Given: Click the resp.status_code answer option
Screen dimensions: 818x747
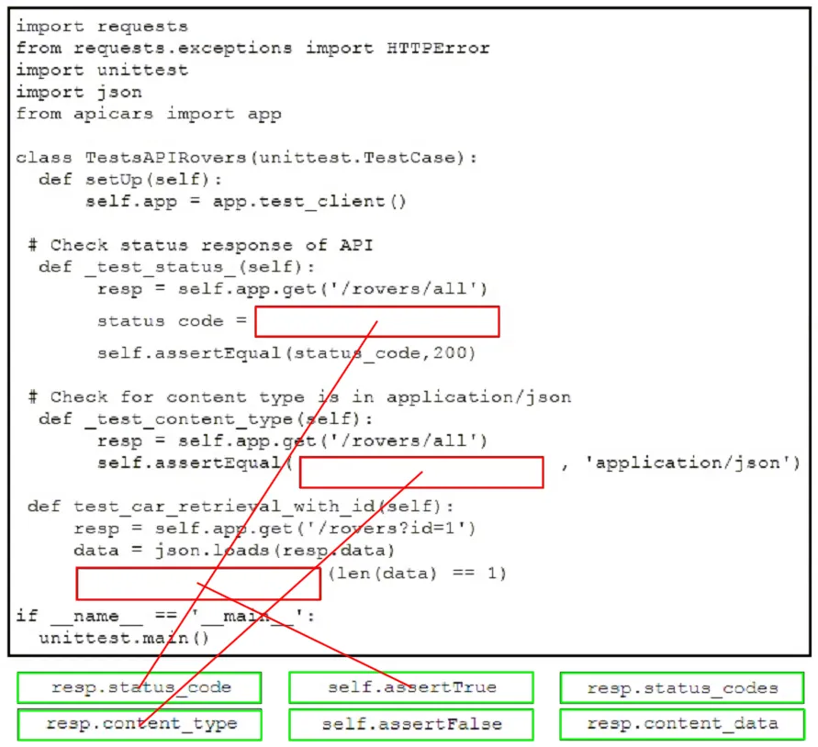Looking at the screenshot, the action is coord(140,687).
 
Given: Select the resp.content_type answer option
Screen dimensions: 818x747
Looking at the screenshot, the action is coord(140,724).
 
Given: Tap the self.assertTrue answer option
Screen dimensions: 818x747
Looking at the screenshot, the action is coord(411,687).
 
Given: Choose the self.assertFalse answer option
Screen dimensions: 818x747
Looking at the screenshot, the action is coord(411,724).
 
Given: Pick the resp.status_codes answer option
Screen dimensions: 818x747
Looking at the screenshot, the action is coord(682,687).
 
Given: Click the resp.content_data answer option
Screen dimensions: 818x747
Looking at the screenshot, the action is coord(682,724).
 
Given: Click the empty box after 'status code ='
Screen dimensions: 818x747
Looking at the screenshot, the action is coord(377,321).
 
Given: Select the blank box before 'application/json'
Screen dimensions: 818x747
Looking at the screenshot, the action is coord(421,472).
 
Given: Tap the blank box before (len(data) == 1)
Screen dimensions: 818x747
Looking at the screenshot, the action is coord(198,584).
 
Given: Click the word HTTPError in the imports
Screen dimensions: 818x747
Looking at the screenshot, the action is coord(438,48).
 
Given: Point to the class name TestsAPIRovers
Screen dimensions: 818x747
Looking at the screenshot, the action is coord(166,158).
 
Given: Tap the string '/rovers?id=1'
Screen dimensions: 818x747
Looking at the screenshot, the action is coord(387,529).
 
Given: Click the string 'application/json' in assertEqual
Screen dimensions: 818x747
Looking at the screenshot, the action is coord(687,463).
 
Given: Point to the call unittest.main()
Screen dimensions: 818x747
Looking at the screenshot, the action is coord(124,638).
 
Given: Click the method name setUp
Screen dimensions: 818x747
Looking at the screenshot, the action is coord(114,180).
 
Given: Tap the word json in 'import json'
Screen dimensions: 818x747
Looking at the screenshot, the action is coord(119,93).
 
